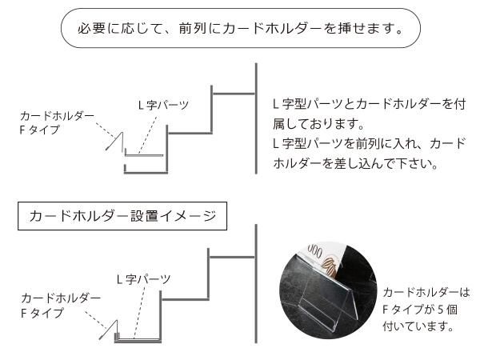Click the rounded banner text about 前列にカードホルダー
(241, 28)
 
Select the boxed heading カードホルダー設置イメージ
(122, 216)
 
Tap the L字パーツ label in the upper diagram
(163, 105)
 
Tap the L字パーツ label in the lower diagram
(143, 279)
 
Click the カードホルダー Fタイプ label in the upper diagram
(57, 122)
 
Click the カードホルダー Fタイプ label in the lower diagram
(61, 305)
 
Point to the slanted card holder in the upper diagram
(116, 142)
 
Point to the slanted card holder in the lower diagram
(109, 330)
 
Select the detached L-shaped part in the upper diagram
(144, 155)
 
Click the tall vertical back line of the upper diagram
(256, 118)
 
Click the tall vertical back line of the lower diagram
(255, 283)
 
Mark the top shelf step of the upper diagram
(233, 94)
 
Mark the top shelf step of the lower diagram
(231, 257)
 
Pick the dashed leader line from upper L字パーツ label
(147, 134)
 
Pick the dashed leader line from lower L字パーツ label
(139, 313)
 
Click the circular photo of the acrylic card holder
(328, 291)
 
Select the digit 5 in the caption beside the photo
(440, 310)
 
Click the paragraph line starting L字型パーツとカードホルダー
(369, 104)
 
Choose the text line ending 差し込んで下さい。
(355, 163)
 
